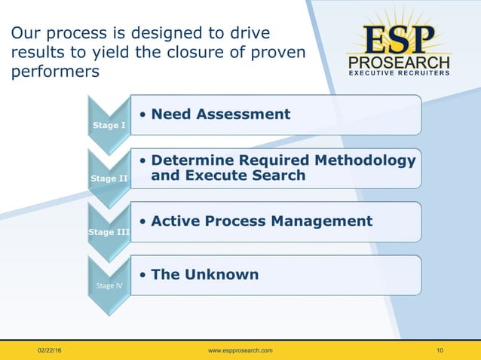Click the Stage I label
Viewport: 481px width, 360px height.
pyautogui.click(x=109, y=125)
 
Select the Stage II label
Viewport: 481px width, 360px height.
pyautogui.click(x=109, y=178)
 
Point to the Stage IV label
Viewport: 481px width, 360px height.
pyautogui.click(x=109, y=285)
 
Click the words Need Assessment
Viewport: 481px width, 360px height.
pyautogui.click(x=220, y=114)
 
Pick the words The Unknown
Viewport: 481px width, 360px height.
pyautogui.click(x=204, y=275)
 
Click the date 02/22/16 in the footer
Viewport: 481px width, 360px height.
pyautogui.click(x=52, y=351)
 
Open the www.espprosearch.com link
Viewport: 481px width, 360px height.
pyautogui.click(x=240, y=351)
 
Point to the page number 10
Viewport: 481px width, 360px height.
pyautogui.click(x=440, y=351)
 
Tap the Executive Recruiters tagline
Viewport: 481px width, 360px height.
pyautogui.click(x=400, y=73)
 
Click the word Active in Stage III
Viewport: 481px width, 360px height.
pyautogui.click(x=177, y=221)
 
